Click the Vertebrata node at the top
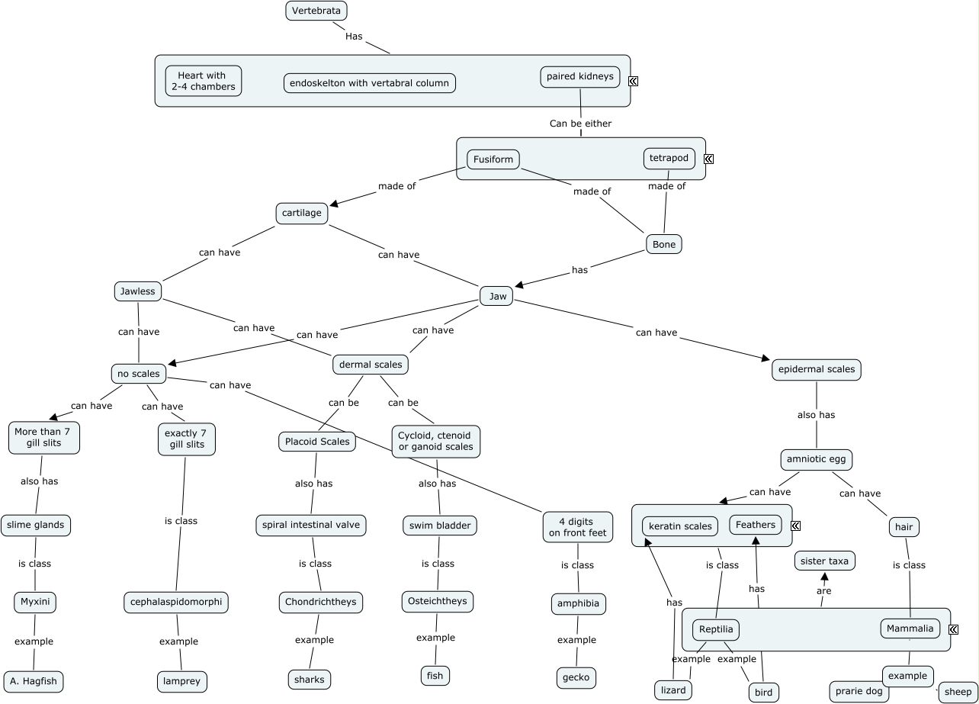coord(316,11)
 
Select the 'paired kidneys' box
coord(579,76)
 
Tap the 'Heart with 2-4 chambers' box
coord(203,81)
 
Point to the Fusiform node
coord(493,159)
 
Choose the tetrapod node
coord(669,158)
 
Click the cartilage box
coord(301,213)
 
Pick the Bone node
coord(663,244)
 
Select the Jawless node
coord(137,291)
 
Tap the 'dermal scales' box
coord(370,365)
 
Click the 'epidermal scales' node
coord(816,369)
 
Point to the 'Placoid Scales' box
coord(316,442)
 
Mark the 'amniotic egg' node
coord(816,460)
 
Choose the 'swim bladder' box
coord(439,526)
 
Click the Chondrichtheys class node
coord(320,602)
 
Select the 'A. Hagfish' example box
coord(33,681)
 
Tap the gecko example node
coord(576,677)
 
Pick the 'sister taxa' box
coord(823,561)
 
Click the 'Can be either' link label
coord(580,123)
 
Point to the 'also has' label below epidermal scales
coord(816,415)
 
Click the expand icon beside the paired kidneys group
coord(633,81)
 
